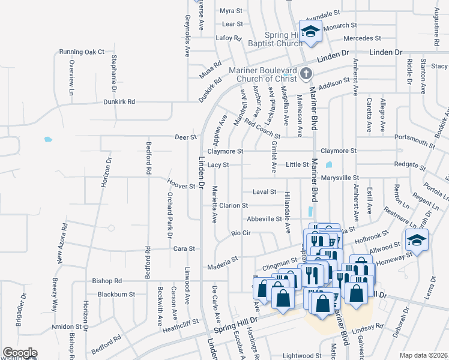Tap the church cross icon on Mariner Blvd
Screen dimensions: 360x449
point(306,74)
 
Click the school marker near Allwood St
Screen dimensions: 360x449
point(414,239)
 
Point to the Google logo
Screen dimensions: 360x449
point(20,353)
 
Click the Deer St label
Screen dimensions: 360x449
point(185,137)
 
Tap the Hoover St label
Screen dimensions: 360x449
point(184,186)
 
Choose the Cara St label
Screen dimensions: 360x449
point(184,248)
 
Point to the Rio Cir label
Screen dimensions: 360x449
point(240,233)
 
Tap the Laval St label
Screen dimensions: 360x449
point(264,192)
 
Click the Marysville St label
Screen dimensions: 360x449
point(339,178)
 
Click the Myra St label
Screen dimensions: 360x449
point(231,11)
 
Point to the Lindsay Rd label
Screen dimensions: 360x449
point(368,326)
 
